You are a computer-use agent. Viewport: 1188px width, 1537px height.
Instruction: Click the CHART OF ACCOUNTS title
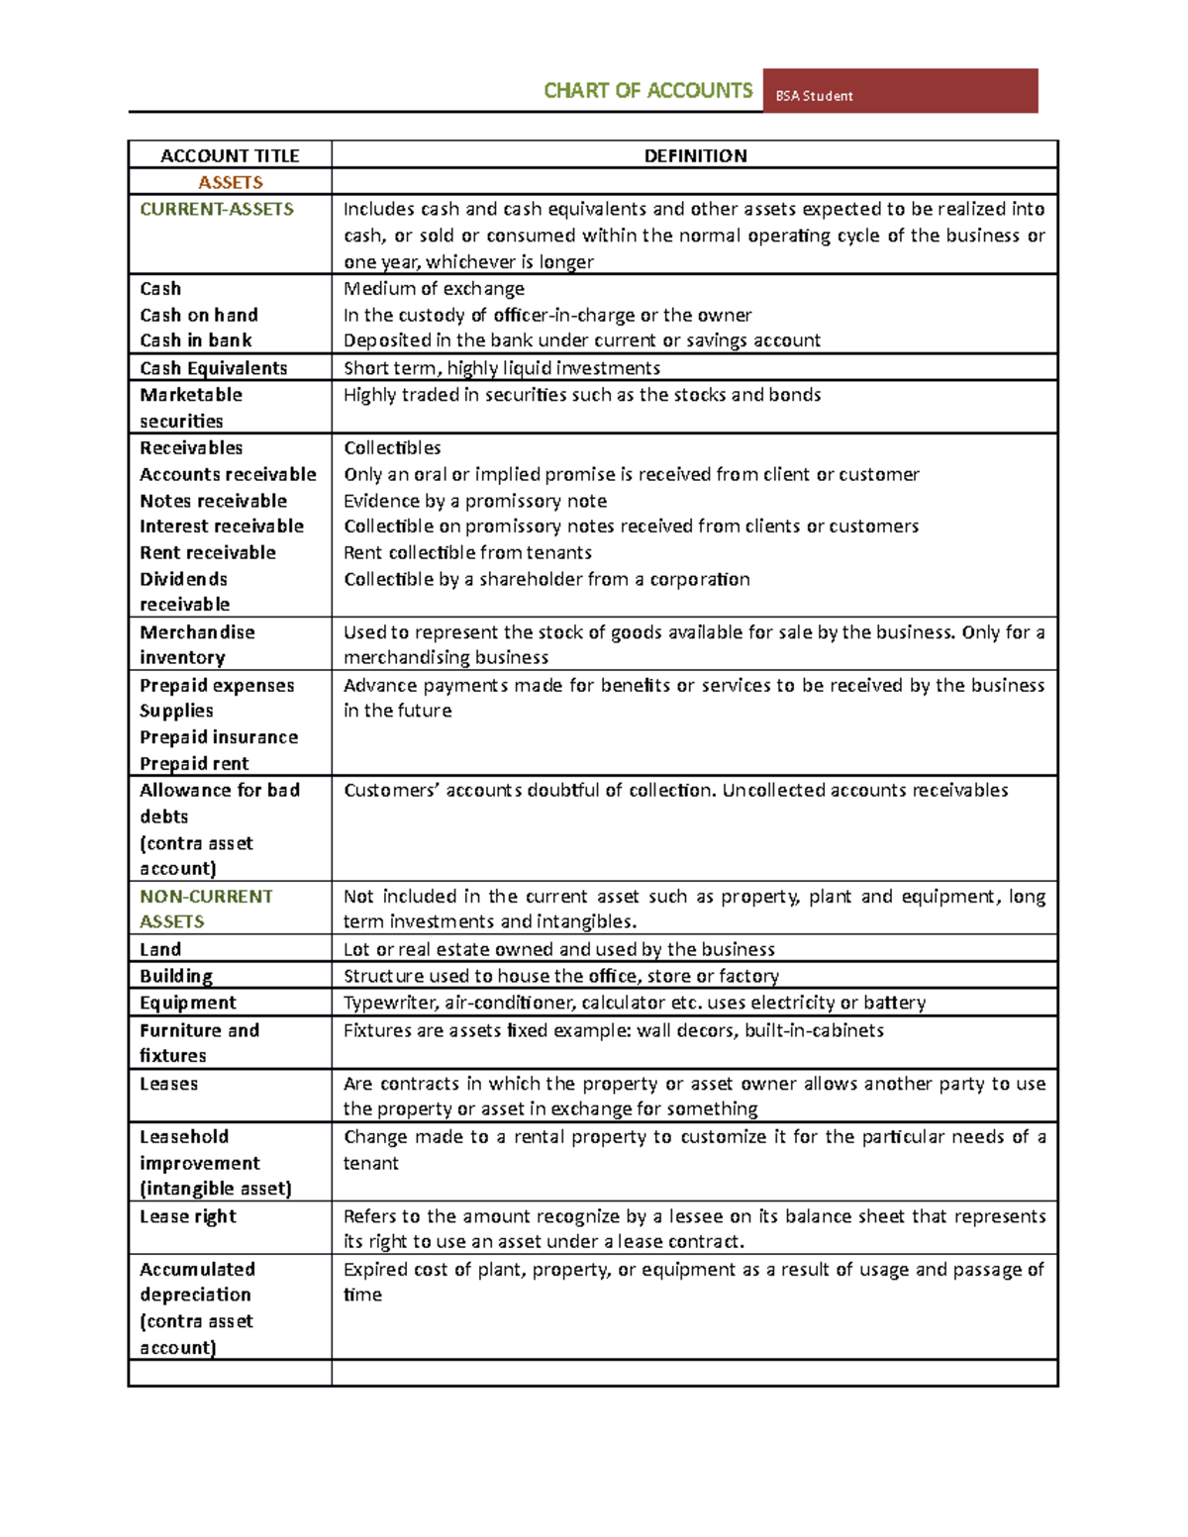[x=647, y=91]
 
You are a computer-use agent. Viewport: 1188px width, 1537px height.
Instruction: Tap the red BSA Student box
[x=899, y=91]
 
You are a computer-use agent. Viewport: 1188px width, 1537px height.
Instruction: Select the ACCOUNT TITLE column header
[x=230, y=155]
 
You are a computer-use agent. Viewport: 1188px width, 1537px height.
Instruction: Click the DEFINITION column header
[x=695, y=155]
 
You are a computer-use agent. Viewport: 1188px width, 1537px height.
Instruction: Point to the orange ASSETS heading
[x=230, y=182]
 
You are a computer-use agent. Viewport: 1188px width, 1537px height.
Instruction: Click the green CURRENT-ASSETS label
[x=217, y=209]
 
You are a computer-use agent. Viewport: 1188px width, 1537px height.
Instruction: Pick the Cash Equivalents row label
[x=213, y=368]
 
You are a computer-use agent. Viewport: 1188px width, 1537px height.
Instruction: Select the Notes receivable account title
[x=213, y=501]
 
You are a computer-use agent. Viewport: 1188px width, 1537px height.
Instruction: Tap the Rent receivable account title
[x=207, y=552]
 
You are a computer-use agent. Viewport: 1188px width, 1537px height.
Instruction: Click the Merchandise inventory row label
[x=197, y=644]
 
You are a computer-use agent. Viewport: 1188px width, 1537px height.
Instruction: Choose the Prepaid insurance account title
[x=218, y=737]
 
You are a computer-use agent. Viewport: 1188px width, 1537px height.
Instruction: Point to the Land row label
[x=160, y=949]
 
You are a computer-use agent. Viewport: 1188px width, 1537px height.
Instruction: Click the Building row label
[x=176, y=976]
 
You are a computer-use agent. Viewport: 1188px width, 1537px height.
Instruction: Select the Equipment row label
[x=188, y=1003]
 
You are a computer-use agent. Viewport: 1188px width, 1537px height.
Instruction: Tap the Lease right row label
[x=188, y=1216]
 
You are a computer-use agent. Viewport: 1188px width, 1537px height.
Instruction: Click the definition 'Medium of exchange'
[x=434, y=288]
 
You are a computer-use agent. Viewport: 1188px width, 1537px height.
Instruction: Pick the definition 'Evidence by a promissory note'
[x=475, y=501]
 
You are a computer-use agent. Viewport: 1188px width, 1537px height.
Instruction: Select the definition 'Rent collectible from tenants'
[x=467, y=552]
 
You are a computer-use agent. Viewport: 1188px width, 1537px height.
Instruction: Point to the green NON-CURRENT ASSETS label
[x=205, y=909]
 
